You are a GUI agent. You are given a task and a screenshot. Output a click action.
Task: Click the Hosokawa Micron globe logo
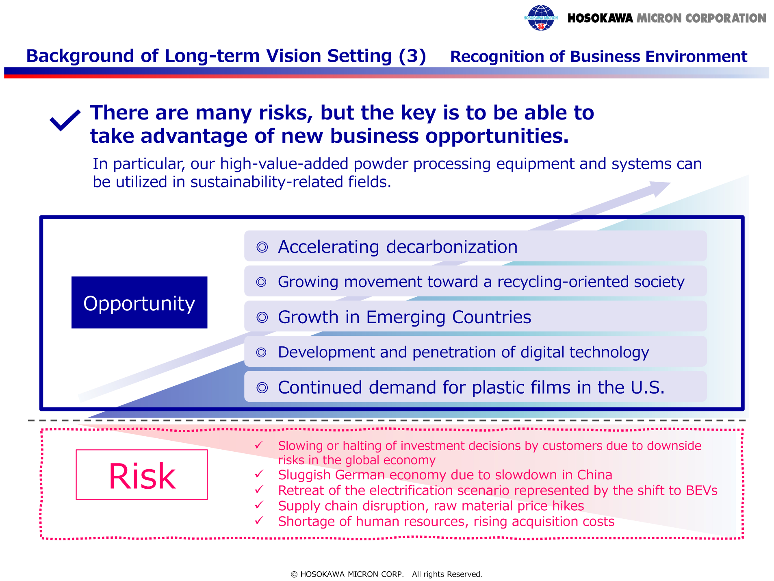(x=540, y=18)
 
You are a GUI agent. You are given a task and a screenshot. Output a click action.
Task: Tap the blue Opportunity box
(x=139, y=302)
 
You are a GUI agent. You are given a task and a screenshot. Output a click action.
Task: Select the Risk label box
(x=142, y=474)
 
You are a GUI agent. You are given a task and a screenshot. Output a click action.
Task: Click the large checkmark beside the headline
(x=65, y=120)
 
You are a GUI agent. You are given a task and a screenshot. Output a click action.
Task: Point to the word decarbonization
(x=452, y=247)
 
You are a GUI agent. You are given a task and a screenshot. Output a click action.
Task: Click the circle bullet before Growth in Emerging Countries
(x=262, y=317)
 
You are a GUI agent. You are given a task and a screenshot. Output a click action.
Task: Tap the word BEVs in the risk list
(x=702, y=490)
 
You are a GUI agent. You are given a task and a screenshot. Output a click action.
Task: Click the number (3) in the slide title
(x=412, y=56)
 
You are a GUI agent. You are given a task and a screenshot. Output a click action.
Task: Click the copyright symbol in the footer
(x=294, y=574)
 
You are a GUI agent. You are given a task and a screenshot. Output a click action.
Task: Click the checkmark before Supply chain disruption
(x=259, y=505)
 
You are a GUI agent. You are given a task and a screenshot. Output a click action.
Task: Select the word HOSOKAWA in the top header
(x=600, y=18)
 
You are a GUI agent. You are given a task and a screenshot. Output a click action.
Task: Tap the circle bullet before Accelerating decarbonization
(x=262, y=247)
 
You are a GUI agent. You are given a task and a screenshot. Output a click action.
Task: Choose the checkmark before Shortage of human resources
(x=259, y=520)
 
